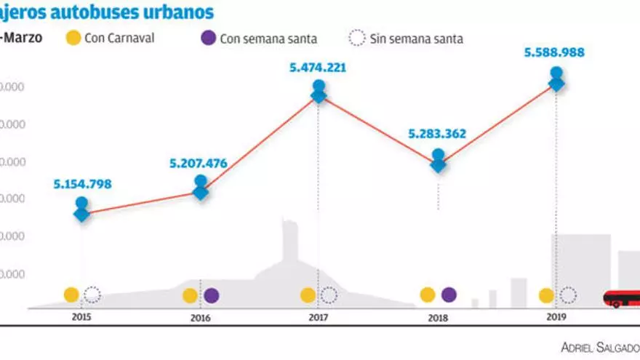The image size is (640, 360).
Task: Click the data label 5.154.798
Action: (x=82, y=184)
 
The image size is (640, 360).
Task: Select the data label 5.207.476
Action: (x=199, y=164)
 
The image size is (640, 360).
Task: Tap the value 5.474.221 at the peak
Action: (x=318, y=68)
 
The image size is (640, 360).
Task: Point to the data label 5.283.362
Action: (x=437, y=134)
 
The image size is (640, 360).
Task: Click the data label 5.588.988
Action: (x=556, y=52)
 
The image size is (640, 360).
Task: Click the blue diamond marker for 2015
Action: (x=82, y=214)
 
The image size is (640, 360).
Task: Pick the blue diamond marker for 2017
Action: (x=319, y=95)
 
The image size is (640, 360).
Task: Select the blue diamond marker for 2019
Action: (x=556, y=84)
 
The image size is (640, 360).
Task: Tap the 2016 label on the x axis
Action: (x=200, y=318)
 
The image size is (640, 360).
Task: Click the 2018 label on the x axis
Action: (x=438, y=318)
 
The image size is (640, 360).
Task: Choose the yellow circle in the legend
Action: (x=73, y=38)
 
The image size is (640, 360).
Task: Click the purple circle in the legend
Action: (x=208, y=38)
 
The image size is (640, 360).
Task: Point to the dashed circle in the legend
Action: (x=358, y=38)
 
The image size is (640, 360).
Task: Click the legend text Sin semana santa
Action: (x=416, y=39)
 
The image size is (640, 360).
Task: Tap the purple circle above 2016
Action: (x=211, y=295)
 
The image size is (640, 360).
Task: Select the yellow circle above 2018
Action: (x=428, y=295)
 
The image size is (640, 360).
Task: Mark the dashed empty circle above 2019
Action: (x=568, y=295)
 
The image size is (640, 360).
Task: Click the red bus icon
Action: (x=622, y=298)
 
